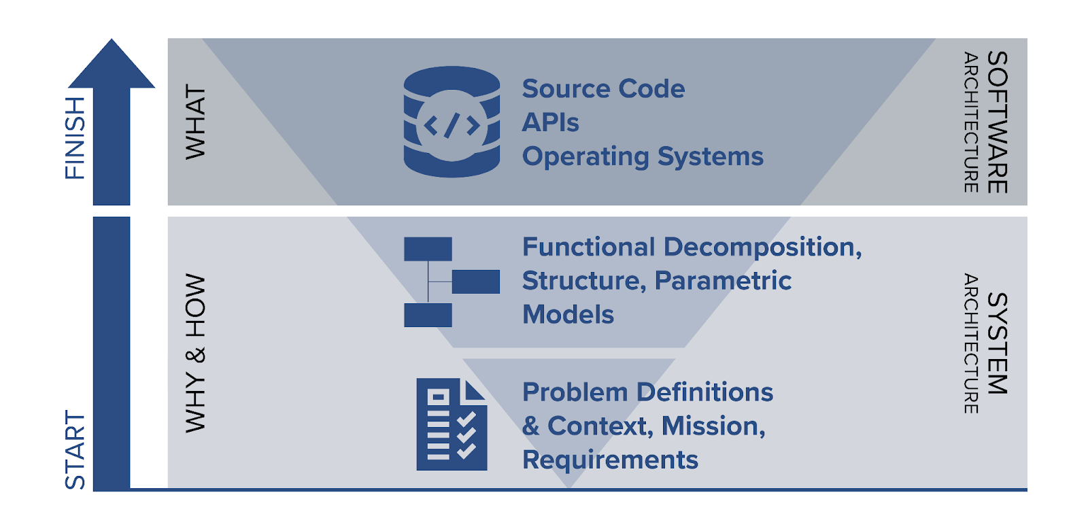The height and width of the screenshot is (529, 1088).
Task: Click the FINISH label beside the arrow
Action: coord(75,138)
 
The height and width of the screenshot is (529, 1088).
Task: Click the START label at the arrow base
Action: coord(75,449)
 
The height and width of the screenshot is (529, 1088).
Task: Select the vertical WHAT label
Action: coord(195,122)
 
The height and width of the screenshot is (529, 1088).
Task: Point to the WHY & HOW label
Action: coord(195,353)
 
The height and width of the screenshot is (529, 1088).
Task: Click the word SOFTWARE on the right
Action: coord(996,122)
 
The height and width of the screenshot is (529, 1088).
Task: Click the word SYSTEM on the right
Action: coord(996,343)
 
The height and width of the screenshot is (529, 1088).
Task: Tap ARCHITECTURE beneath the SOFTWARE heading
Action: coord(970,122)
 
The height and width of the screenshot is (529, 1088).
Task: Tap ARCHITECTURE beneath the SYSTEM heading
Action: coord(970,343)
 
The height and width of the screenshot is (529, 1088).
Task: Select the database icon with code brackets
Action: coord(452,122)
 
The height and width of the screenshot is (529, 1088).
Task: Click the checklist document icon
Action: coord(452,424)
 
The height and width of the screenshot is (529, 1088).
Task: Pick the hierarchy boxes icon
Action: coord(452,281)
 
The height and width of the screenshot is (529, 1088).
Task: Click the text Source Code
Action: coord(603,89)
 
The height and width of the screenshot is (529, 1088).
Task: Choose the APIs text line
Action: coord(550,123)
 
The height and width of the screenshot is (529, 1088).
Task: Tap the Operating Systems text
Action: coord(643,156)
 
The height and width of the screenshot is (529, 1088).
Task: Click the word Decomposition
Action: coord(762,248)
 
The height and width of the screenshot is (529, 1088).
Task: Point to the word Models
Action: coord(568,315)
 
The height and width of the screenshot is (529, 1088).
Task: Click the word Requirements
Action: coord(610,460)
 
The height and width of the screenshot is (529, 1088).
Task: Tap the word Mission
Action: coord(713,426)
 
